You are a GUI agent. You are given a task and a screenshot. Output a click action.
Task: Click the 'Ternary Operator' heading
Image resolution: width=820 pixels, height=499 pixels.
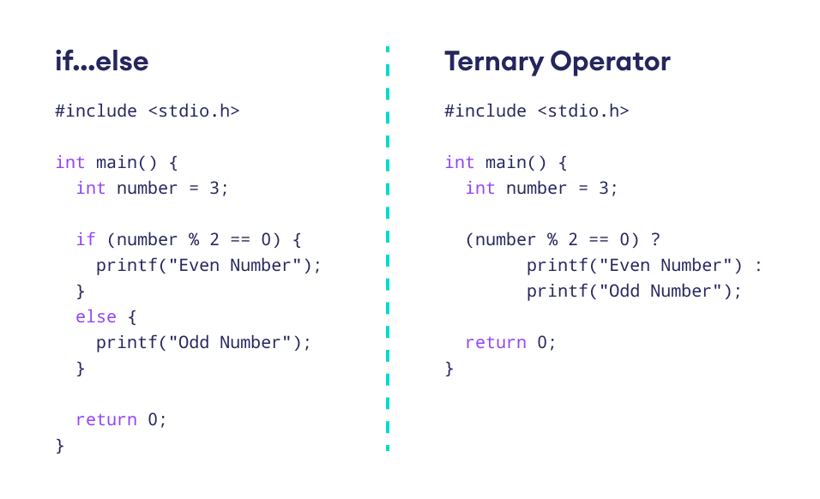(557, 62)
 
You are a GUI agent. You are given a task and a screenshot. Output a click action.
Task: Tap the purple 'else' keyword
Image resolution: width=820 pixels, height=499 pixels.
(95, 316)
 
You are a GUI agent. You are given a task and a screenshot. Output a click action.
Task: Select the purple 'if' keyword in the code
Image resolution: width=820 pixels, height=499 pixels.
(86, 239)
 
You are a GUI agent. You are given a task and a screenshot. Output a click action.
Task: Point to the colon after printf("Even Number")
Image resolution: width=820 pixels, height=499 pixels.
(758, 265)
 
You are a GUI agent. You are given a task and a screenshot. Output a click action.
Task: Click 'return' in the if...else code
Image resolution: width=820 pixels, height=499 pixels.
(106, 419)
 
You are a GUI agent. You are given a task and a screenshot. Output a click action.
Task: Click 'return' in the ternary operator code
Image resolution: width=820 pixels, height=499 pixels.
(496, 342)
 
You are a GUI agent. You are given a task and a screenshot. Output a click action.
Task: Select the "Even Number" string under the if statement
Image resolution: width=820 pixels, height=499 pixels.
(235, 265)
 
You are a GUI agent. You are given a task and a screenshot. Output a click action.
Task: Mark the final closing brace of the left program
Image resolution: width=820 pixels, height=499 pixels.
(60, 445)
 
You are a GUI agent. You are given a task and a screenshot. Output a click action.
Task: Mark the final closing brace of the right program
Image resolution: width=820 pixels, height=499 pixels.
(449, 368)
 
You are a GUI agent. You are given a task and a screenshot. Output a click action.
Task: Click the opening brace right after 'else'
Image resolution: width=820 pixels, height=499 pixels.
(132, 316)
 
